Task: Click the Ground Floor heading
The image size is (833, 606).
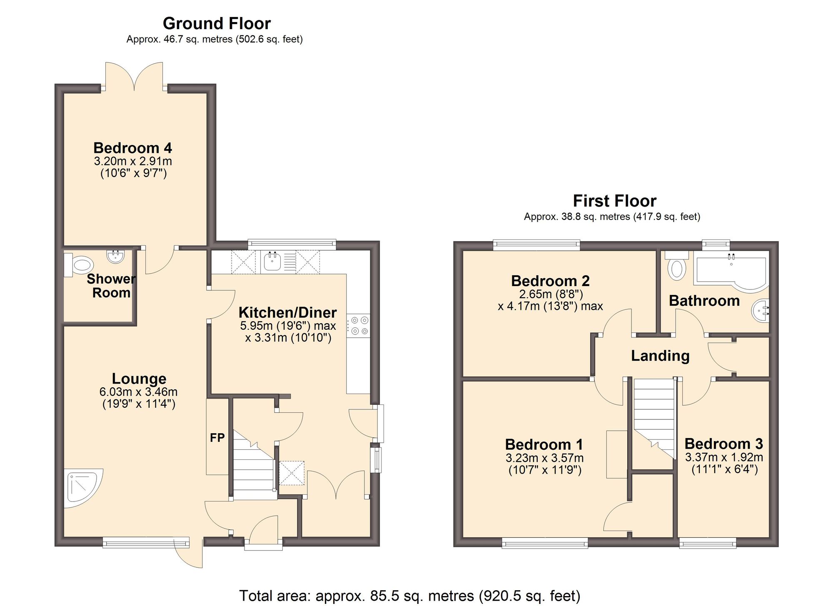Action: click(x=217, y=23)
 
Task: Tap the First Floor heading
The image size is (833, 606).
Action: click(x=615, y=201)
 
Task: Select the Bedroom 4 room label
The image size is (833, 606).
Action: click(x=133, y=148)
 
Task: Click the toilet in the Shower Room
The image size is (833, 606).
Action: click(x=79, y=265)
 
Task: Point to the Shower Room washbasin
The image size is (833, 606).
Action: click(x=115, y=256)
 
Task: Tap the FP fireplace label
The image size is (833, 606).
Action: click(x=217, y=437)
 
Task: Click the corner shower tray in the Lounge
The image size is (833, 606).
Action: click(x=83, y=486)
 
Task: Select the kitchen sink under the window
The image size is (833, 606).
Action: click(x=272, y=262)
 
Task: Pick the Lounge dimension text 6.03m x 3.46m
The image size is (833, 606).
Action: click(x=138, y=392)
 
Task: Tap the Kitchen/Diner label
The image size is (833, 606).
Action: click(x=287, y=312)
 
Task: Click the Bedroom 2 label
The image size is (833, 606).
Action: click(x=550, y=281)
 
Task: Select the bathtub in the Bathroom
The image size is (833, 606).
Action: click(x=731, y=271)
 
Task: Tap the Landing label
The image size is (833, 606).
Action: click(x=660, y=356)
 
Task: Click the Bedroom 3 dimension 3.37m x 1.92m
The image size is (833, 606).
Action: click(x=724, y=457)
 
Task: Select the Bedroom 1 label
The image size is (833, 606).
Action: click(x=544, y=444)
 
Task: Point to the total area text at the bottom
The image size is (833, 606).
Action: click(x=410, y=596)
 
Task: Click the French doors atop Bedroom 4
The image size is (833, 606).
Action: click(x=134, y=77)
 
